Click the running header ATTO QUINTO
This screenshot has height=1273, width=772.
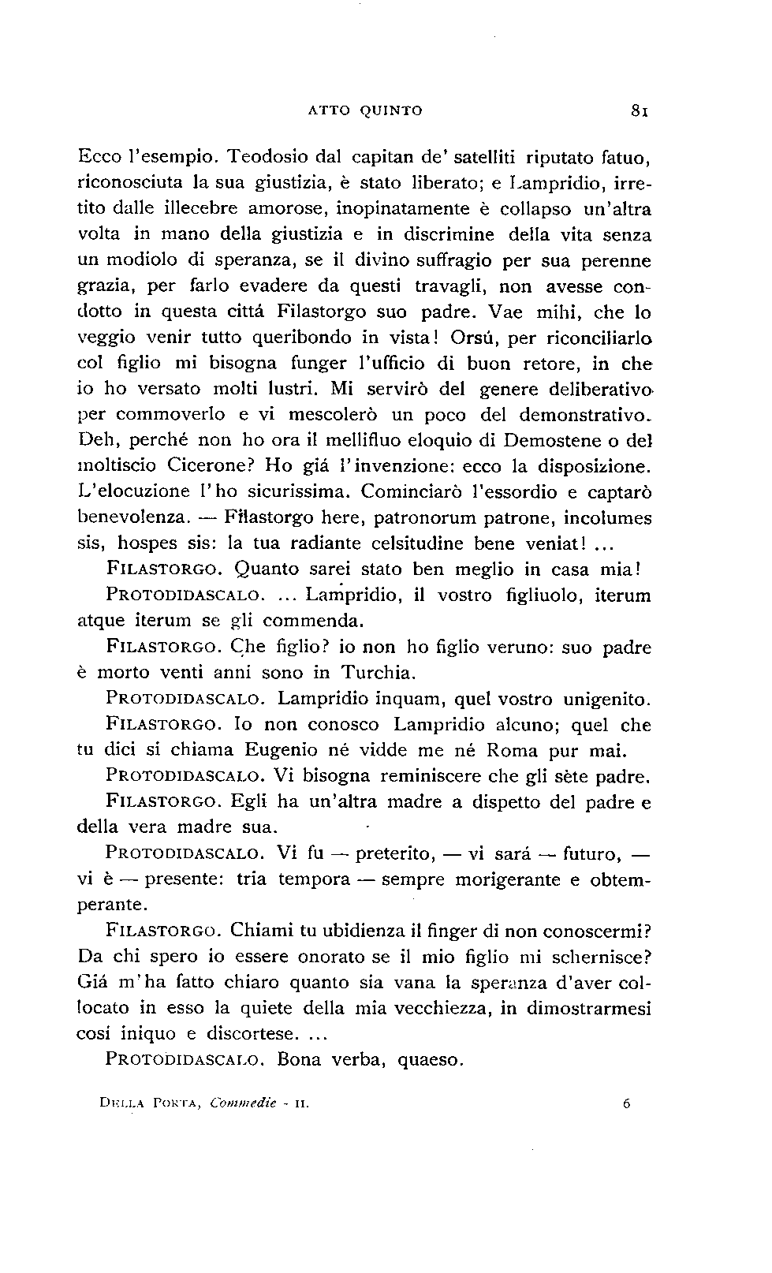click(x=364, y=111)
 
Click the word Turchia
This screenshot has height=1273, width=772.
click(x=377, y=674)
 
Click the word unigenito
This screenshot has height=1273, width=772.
click(x=606, y=699)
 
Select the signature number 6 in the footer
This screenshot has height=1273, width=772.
click(x=626, y=1105)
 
